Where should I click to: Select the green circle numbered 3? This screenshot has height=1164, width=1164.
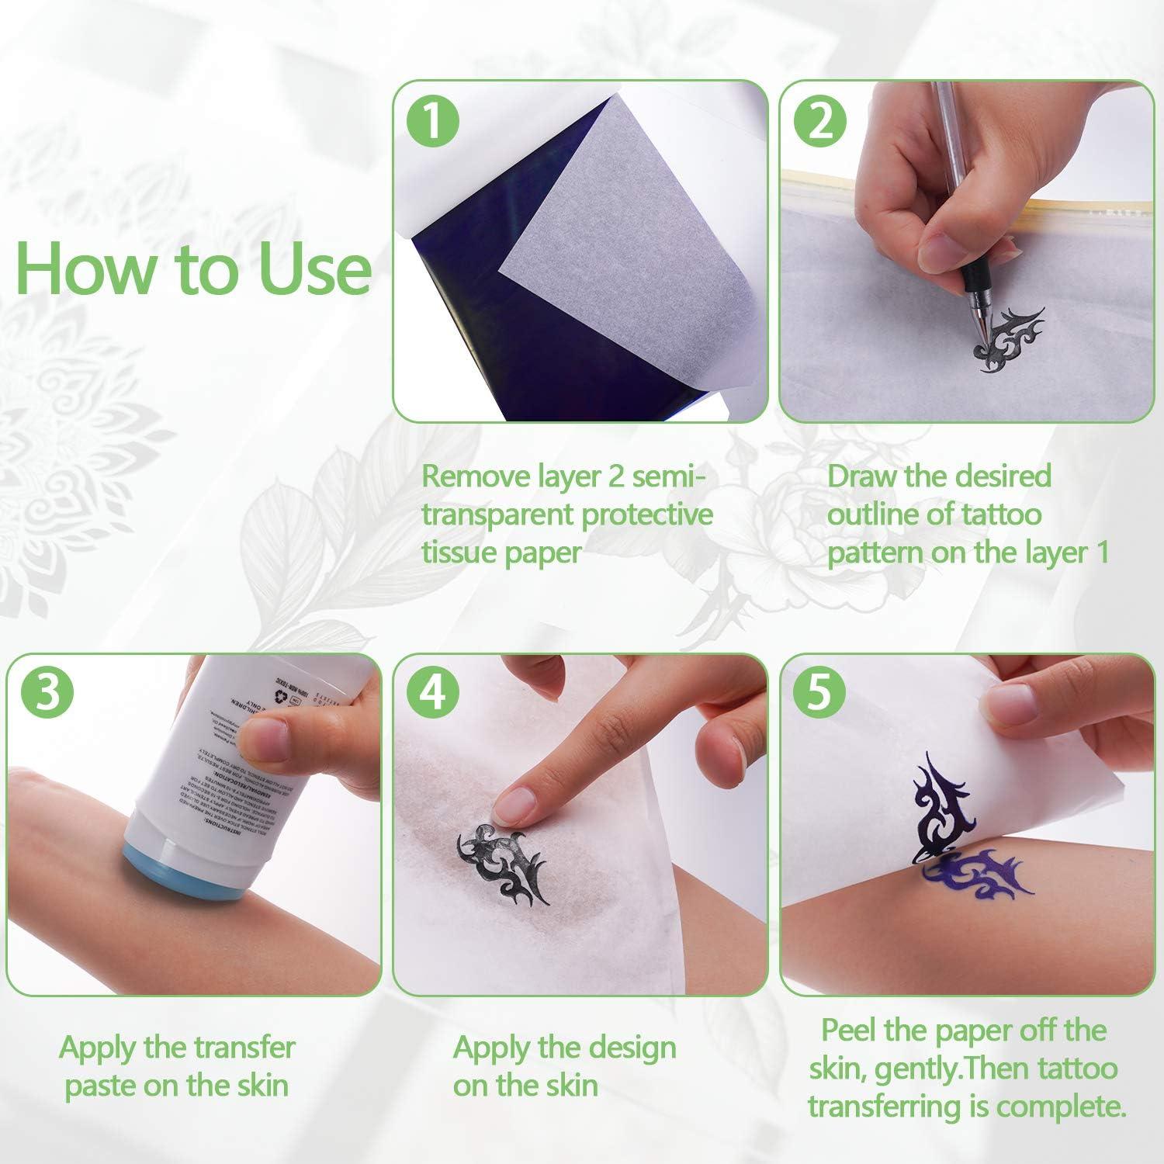[48, 693]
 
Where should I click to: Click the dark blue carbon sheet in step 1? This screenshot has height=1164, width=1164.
[454, 310]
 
